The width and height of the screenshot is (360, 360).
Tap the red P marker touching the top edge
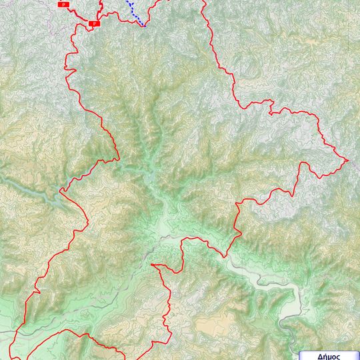pos(64,4)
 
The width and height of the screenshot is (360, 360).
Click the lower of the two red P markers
pos(94,23)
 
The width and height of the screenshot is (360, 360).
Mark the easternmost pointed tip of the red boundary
pos(348,160)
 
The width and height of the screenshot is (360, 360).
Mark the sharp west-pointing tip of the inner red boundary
pos(152,265)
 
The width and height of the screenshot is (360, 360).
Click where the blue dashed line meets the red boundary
pos(143,26)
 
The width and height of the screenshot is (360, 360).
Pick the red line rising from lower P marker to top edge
pos(100,10)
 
